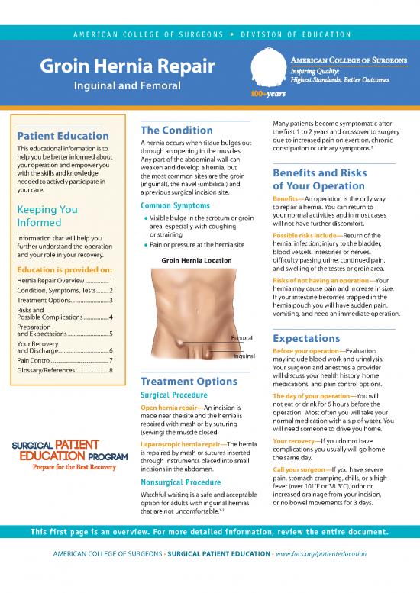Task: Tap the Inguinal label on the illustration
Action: pyautogui.click(x=243, y=377)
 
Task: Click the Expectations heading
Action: pyautogui.click(x=301, y=338)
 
